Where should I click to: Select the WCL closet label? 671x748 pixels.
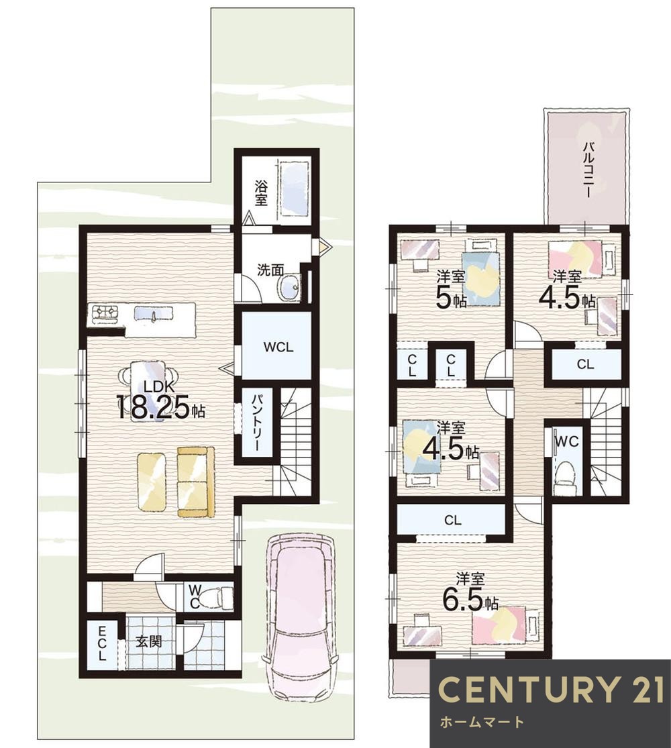tap(277, 348)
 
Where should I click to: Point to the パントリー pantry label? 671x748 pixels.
tap(257, 423)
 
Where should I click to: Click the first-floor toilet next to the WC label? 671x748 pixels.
tap(219, 596)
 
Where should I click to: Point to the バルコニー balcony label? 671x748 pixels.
tap(586, 168)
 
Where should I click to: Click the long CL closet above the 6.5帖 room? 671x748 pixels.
tap(452, 519)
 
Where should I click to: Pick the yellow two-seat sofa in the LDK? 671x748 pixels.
tap(195, 481)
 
